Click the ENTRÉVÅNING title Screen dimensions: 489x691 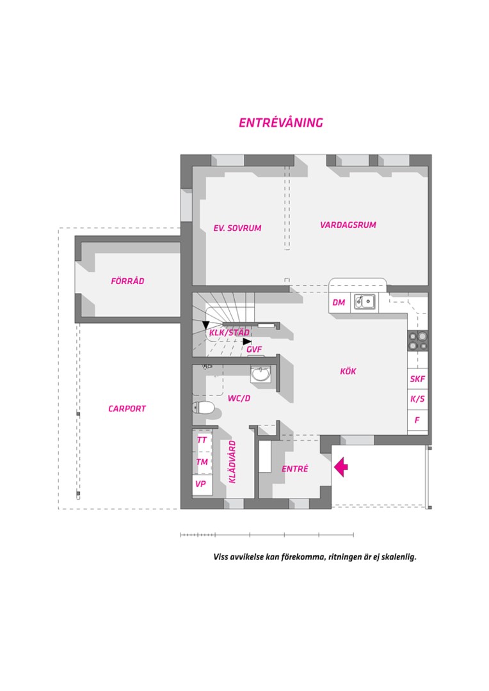[x=281, y=122]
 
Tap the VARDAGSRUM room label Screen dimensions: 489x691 [x=348, y=225]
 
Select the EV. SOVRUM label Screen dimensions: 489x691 [x=237, y=228]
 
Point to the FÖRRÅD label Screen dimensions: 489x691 [x=127, y=281]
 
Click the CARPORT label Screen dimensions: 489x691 [x=127, y=408]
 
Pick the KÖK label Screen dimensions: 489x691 [x=348, y=371]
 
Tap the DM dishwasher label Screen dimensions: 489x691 [x=339, y=302]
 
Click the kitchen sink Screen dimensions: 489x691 [x=365, y=302]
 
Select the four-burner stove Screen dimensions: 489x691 [x=417, y=340]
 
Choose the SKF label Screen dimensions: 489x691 [x=417, y=379]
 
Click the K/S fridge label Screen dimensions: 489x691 [x=417, y=399]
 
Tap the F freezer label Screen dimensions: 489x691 [x=417, y=420]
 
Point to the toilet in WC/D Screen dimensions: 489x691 [x=204, y=408]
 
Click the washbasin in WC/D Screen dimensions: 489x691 [x=261, y=374]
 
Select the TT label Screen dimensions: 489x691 [x=202, y=440]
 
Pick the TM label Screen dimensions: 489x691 [x=202, y=462]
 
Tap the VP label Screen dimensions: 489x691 [x=200, y=484]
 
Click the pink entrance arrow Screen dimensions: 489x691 [x=341, y=467]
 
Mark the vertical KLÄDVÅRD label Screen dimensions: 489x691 [x=232, y=462]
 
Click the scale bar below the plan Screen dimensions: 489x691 [x=267, y=535]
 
